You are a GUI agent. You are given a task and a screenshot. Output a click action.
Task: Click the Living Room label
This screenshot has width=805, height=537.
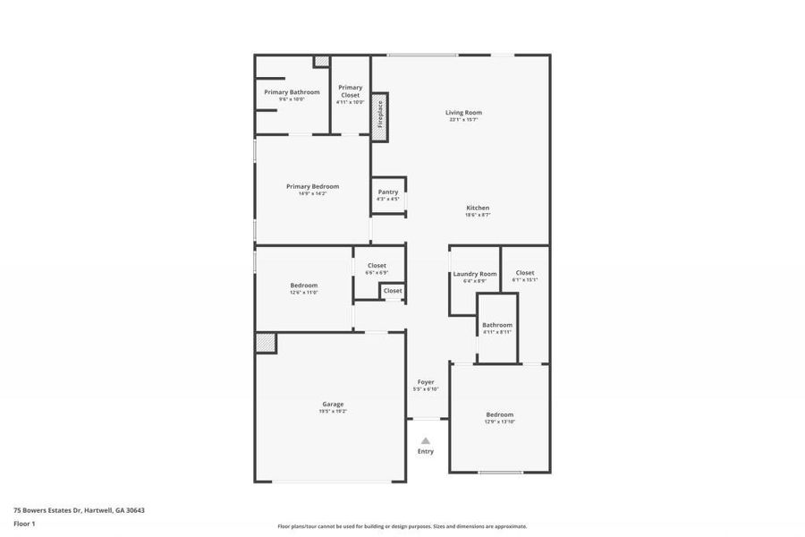tap(464, 113)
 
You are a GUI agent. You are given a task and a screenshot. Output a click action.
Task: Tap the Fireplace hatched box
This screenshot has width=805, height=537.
tap(379, 115)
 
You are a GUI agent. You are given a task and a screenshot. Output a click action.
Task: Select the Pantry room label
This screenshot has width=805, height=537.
tap(388, 192)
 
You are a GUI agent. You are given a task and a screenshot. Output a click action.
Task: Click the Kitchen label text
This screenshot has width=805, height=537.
tap(478, 208)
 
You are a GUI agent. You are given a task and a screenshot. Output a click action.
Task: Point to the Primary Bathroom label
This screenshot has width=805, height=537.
tap(292, 92)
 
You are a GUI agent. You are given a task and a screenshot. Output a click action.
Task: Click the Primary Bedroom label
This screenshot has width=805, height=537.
tap(312, 186)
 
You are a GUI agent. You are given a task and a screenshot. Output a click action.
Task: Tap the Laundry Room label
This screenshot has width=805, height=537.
tap(475, 274)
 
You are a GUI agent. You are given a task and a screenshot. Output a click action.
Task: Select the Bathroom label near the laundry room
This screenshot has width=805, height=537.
tap(497, 325)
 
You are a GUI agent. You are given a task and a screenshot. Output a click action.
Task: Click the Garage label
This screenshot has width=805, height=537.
tap(333, 404)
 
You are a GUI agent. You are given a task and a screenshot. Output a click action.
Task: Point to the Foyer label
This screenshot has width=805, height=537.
tap(426, 382)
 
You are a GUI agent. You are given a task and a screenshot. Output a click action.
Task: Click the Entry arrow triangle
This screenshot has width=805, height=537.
tap(426, 440)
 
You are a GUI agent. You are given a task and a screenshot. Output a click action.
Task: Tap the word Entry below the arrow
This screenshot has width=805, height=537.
tap(426, 451)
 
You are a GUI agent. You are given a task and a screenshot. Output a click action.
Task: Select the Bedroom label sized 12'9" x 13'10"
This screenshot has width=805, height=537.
tap(500, 414)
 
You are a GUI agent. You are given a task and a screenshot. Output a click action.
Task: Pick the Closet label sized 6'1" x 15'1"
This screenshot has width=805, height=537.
tap(525, 273)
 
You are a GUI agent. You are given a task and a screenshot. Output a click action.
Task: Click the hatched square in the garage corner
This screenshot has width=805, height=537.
tap(266, 343)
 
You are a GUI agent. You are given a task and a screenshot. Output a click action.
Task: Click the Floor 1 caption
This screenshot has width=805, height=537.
tap(24, 523)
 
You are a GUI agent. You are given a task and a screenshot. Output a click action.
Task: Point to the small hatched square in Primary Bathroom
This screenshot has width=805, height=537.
tap(321, 62)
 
